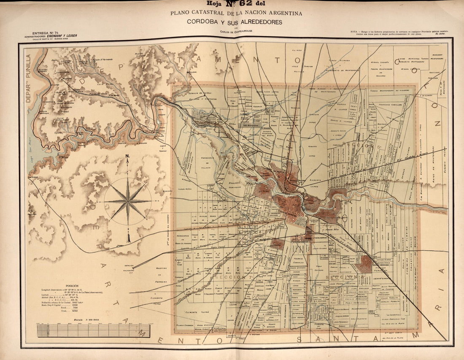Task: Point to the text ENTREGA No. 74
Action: tap(42, 32)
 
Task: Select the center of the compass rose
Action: tap(128, 201)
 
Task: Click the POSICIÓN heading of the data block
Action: tap(64, 285)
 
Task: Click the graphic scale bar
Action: tap(93, 330)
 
